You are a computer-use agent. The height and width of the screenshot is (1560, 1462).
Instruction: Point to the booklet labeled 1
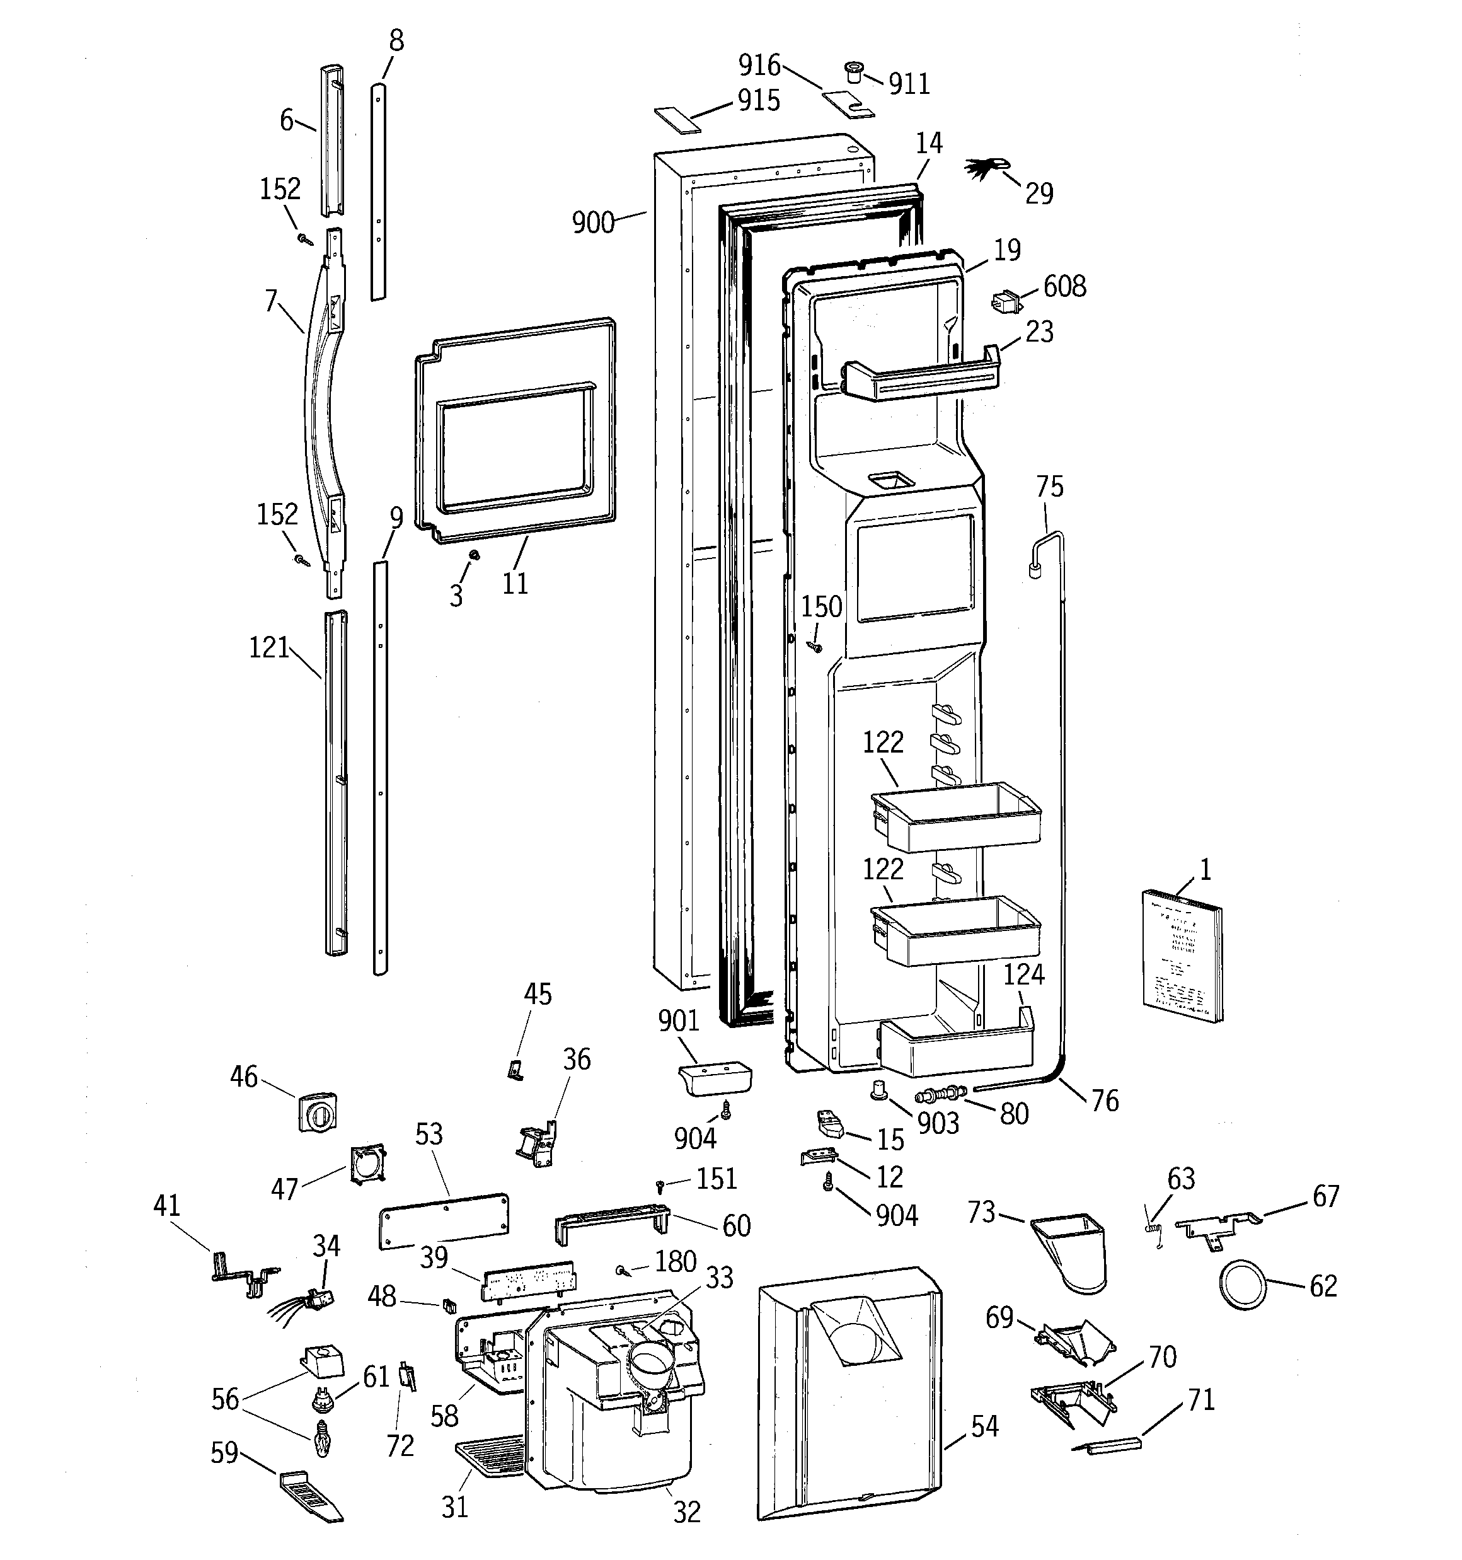tap(1182, 957)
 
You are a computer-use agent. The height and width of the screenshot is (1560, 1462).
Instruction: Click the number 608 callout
tap(1064, 286)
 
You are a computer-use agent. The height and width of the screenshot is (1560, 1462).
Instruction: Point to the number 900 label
tap(593, 223)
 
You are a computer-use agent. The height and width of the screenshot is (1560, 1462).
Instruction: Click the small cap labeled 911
tap(853, 73)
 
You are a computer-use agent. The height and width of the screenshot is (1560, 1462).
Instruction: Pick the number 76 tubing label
tap(1105, 1101)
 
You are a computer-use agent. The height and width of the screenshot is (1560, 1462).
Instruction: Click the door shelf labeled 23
tap(918, 377)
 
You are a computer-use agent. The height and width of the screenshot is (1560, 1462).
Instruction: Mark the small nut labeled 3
tap(473, 555)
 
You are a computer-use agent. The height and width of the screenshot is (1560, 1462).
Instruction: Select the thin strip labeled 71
tap(1116, 1445)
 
